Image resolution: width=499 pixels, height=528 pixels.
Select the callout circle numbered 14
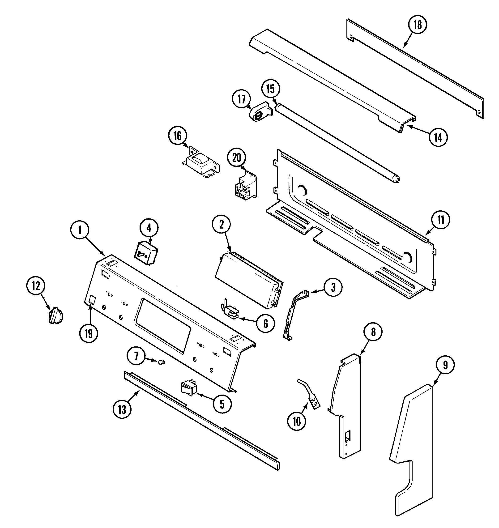(438, 137)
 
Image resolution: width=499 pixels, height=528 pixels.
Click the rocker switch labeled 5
(189, 389)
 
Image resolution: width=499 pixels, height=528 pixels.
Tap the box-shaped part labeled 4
(146, 253)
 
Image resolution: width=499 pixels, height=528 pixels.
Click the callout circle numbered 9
(445, 365)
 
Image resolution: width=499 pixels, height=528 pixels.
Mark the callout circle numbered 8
(373, 332)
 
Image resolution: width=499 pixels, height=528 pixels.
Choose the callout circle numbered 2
(221, 224)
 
